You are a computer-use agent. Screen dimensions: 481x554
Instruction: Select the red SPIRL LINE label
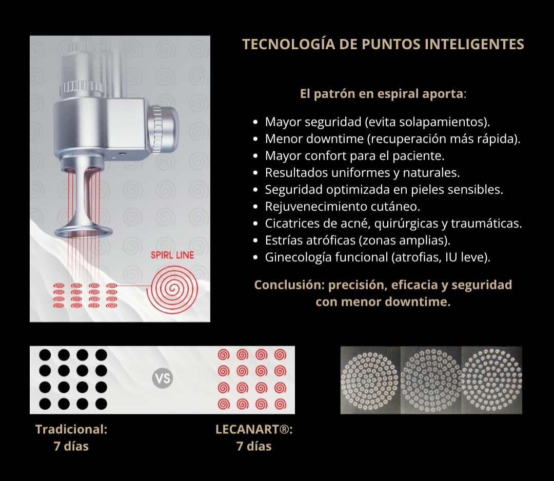pos(172,255)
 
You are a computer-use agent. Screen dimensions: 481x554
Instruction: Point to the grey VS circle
pos(163,379)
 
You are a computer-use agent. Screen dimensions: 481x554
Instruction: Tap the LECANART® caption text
pos(254,429)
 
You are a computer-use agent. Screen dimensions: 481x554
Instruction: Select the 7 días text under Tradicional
pos(71,446)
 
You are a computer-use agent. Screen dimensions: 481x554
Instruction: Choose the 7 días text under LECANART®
pos(254,446)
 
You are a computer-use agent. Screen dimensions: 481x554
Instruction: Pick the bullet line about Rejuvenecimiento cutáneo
pos(342,207)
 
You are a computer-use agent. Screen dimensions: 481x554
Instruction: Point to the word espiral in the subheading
pos(398,94)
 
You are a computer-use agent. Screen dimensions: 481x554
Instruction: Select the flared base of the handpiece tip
pos(84,230)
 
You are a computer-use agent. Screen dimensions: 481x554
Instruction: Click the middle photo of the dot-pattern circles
pos(431,380)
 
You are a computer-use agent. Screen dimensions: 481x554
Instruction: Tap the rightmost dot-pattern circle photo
pos(492,380)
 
